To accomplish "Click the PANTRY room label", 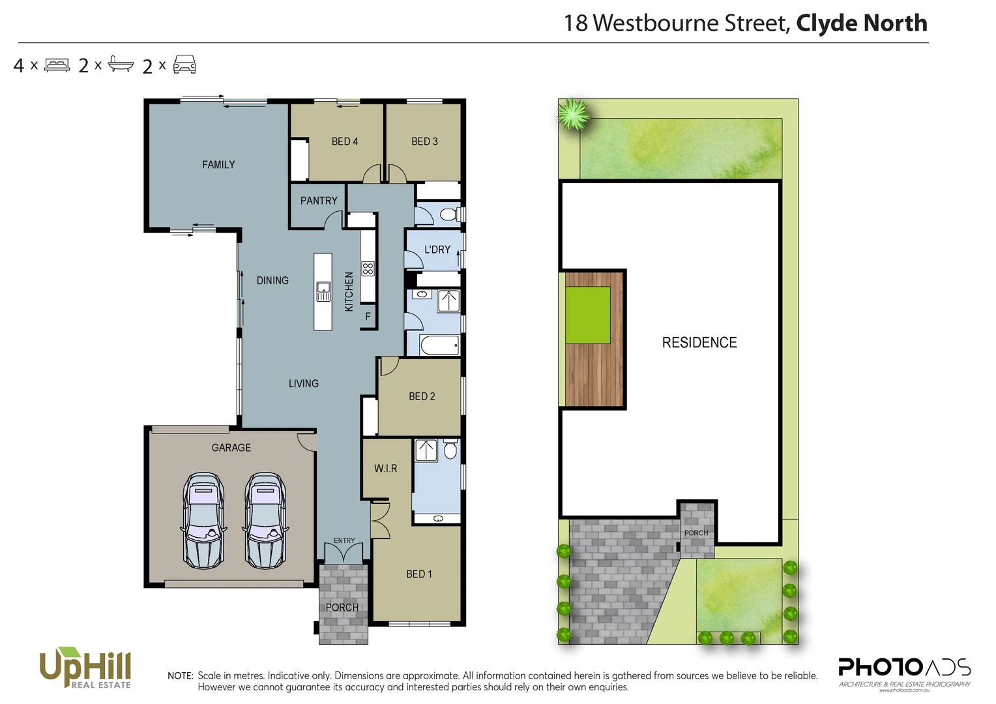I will tap(319, 201).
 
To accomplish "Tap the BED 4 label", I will tap(344, 141).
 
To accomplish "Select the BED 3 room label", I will tap(424, 141).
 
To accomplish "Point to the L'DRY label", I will tap(437, 250).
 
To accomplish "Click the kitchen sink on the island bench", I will tap(323, 291).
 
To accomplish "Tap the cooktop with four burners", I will tap(368, 269).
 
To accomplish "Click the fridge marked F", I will tap(368, 317).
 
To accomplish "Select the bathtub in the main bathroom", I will tap(439, 345).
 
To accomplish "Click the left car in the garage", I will tap(203, 520).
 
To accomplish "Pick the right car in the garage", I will tap(265, 520).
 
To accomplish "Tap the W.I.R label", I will tap(386, 469).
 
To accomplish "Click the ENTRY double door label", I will tap(344, 541).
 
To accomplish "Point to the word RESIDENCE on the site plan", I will tap(699, 343).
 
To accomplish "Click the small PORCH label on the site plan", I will tap(696, 533).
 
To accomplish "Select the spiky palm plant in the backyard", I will tap(574, 114).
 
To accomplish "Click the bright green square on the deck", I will tap(588, 315).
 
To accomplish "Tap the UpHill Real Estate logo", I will tap(85, 667).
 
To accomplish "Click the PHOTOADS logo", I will tap(904, 670).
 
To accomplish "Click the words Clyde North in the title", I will tap(862, 23).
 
